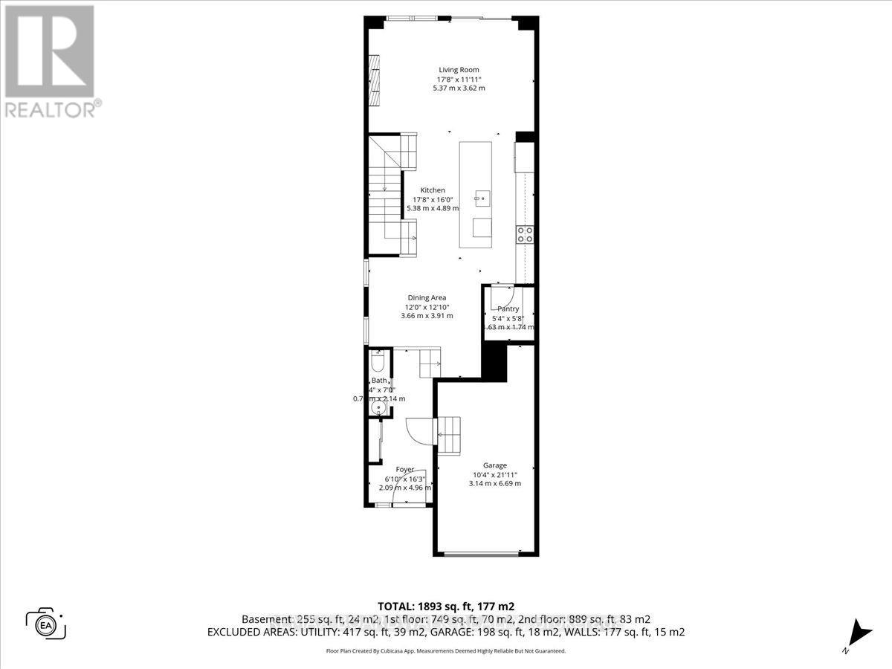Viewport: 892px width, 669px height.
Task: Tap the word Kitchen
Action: click(433, 190)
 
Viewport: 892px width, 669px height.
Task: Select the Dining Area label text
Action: click(427, 297)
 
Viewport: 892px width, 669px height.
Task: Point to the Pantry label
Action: click(508, 309)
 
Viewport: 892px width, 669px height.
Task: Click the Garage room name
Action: click(494, 465)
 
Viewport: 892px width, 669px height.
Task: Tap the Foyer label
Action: click(404, 469)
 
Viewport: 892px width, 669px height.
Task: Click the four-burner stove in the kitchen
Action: click(525, 235)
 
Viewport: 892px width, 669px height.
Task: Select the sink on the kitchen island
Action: click(481, 198)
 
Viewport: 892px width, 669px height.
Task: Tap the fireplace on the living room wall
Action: click(375, 80)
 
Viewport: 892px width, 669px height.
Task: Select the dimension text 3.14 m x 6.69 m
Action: click(494, 483)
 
